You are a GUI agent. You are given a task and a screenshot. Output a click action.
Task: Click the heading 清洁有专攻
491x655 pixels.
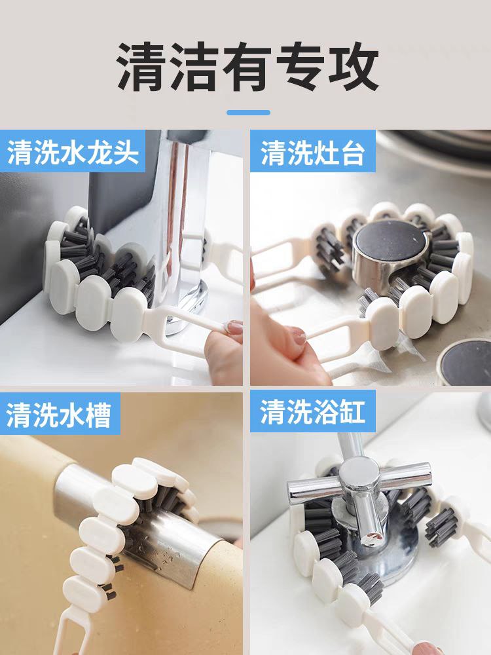[248, 67]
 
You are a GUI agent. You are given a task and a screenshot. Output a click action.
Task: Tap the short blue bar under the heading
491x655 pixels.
[248, 113]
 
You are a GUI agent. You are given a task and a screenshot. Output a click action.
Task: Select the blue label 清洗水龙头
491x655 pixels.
[73, 152]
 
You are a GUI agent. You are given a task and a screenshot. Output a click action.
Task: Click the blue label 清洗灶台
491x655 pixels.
[313, 153]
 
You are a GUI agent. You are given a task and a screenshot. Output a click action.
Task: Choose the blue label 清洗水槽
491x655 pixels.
[60, 415]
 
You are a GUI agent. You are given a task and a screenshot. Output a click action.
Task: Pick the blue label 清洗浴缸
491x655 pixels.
[313, 412]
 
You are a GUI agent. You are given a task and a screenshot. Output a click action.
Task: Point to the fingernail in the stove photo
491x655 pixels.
[299, 336]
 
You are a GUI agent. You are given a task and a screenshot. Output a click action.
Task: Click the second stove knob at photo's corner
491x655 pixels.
[465, 363]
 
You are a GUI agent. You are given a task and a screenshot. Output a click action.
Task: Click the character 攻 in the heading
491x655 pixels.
[354, 67]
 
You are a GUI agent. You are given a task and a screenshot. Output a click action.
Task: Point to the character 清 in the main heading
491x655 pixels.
[142, 67]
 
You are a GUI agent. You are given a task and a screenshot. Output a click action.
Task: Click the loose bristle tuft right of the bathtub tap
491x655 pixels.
[441, 527]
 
